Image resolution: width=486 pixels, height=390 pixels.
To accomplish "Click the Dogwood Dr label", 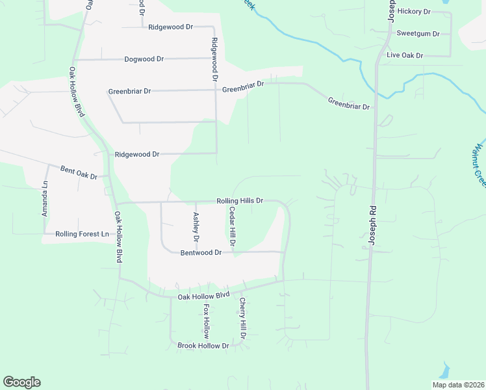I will pyautogui.click(x=144, y=59).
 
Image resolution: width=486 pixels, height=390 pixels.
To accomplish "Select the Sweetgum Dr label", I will pyautogui.click(x=418, y=34).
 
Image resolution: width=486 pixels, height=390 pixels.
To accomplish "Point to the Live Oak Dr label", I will pyautogui.click(x=405, y=56).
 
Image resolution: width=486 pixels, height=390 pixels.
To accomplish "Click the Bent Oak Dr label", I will pyautogui.click(x=79, y=173).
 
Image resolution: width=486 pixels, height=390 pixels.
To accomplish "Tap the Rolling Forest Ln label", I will pyautogui.click(x=82, y=234).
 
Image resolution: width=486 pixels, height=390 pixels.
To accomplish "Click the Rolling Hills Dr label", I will pyautogui.click(x=240, y=201).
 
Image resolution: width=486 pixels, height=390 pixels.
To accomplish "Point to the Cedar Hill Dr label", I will pyautogui.click(x=231, y=227).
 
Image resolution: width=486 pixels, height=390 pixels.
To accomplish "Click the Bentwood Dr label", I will pyautogui.click(x=201, y=252).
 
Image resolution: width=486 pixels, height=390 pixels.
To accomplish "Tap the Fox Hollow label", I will pyautogui.click(x=206, y=320).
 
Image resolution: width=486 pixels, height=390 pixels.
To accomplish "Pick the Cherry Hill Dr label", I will pyautogui.click(x=242, y=319).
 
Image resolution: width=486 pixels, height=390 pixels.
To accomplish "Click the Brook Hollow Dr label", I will pyautogui.click(x=204, y=346).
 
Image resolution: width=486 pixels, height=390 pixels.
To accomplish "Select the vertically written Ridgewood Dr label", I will pyautogui.click(x=214, y=59).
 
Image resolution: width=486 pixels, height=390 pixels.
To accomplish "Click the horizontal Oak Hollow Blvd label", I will pyautogui.click(x=205, y=296).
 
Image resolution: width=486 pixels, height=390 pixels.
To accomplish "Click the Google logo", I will pyautogui.click(x=21, y=382).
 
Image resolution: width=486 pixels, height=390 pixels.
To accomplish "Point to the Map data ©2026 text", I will pyautogui.click(x=458, y=385).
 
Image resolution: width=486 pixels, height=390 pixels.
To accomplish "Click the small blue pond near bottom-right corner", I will pyautogui.click(x=444, y=371).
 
